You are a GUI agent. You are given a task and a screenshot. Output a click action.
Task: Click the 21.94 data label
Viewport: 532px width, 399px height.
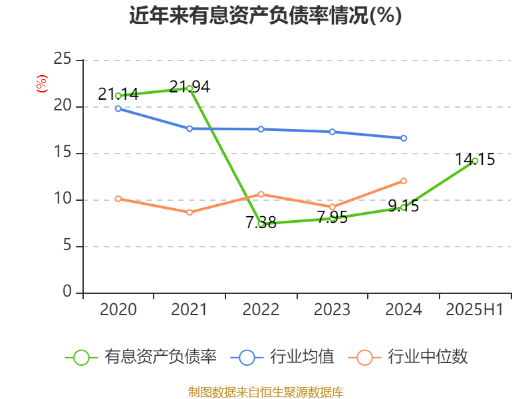click(x=190, y=86)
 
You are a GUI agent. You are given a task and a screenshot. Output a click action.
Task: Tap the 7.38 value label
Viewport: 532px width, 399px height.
click(x=261, y=223)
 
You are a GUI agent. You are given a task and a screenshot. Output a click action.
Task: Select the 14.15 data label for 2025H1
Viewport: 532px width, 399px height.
click(x=475, y=160)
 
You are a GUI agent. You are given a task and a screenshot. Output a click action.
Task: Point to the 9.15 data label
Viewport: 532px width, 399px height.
click(x=404, y=206)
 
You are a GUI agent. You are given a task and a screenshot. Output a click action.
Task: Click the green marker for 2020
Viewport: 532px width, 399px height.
click(x=118, y=96)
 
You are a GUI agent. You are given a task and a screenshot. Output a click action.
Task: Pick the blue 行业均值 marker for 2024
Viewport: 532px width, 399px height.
click(x=404, y=138)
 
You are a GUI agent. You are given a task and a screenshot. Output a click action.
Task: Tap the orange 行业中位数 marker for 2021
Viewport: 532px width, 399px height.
click(x=190, y=212)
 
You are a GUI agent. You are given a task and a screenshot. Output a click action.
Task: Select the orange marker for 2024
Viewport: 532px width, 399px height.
click(x=404, y=181)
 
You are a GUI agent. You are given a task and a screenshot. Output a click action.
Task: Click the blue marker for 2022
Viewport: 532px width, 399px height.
click(x=261, y=129)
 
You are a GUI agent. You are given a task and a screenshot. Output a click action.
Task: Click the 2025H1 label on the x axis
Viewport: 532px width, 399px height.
click(x=475, y=310)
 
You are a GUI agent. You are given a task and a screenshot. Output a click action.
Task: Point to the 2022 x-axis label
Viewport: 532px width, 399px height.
click(x=261, y=310)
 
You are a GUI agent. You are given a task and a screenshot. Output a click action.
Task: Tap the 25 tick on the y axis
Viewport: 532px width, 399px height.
click(x=63, y=60)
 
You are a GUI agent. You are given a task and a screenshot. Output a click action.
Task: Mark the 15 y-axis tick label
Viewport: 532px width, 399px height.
click(x=63, y=153)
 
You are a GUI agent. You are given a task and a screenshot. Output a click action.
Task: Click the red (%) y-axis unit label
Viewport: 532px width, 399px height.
click(x=41, y=83)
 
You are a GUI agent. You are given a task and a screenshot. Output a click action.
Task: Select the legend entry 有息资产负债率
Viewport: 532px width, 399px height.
click(x=142, y=357)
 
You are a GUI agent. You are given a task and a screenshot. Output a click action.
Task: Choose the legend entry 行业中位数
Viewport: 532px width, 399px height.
click(x=409, y=357)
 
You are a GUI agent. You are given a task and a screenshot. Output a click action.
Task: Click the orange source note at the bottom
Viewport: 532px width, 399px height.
click(x=266, y=392)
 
